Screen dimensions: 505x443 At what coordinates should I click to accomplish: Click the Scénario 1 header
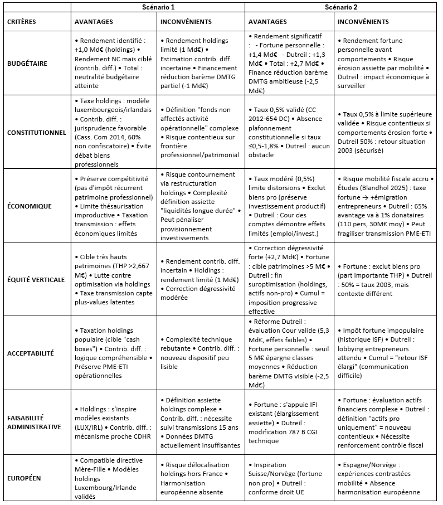(158, 7)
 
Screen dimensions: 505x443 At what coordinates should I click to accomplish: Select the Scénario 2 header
(341, 7)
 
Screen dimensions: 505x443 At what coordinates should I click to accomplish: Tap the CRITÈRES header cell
(22, 21)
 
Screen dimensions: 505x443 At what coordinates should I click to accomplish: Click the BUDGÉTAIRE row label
(27, 63)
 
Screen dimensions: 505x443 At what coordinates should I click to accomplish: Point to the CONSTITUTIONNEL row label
(37, 133)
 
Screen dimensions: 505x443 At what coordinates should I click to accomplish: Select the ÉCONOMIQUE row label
(30, 206)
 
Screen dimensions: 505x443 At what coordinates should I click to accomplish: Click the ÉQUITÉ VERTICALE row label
(36, 279)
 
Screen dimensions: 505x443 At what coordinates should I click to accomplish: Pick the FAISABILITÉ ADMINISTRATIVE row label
(34, 422)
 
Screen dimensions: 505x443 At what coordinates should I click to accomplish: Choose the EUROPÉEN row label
(24, 478)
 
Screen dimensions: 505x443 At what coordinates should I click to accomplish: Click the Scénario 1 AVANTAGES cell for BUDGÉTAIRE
(114, 63)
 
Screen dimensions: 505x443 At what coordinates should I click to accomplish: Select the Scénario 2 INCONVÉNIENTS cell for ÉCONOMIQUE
(385, 206)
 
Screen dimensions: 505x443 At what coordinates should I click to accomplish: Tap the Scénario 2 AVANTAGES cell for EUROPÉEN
(289, 478)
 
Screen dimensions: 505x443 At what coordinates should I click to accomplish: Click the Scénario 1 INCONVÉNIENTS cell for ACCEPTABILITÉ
(201, 353)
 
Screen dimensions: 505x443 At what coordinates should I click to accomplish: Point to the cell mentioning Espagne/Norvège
(385, 478)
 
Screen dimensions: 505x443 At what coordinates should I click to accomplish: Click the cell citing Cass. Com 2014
(114, 133)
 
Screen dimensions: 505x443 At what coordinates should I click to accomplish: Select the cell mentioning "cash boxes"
(114, 353)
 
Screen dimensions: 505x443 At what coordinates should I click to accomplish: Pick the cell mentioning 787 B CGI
(289, 422)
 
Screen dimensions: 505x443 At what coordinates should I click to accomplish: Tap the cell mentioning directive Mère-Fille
(114, 478)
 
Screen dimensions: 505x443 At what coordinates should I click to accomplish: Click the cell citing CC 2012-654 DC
(289, 133)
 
